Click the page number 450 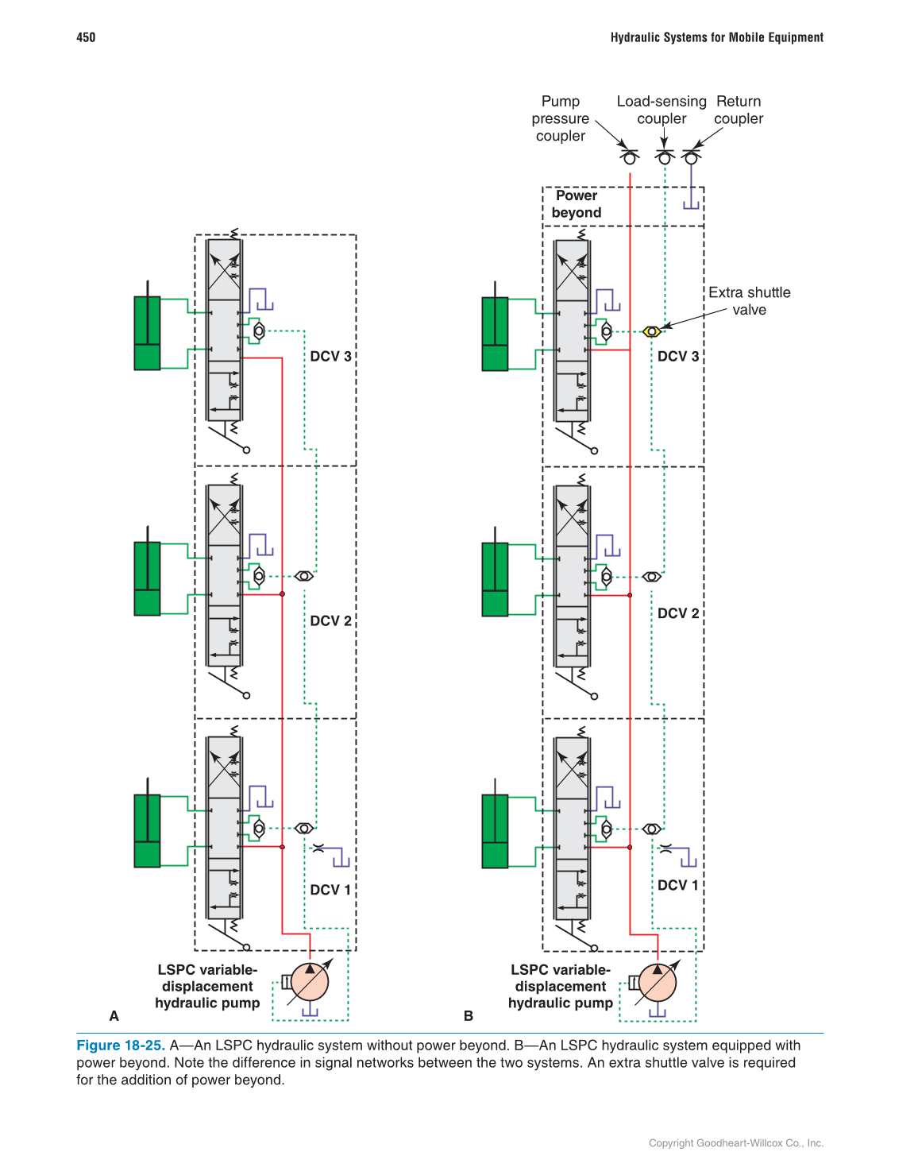[86, 37]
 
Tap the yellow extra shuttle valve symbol [651, 331]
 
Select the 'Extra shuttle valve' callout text [749, 301]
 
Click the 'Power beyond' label [577, 204]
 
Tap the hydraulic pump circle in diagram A [310, 982]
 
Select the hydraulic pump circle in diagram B [658, 983]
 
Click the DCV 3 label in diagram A [330, 357]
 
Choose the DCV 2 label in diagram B [678, 613]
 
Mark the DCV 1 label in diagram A [330, 890]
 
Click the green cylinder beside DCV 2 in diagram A [147, 578]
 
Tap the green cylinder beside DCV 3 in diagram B [495, 334]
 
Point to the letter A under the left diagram [114, 1016]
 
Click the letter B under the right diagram [469, 1016]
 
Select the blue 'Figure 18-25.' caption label [121, 1046]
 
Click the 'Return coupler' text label [739, 110]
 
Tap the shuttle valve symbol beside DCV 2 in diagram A [303, 576]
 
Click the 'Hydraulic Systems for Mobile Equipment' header [716, 37]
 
